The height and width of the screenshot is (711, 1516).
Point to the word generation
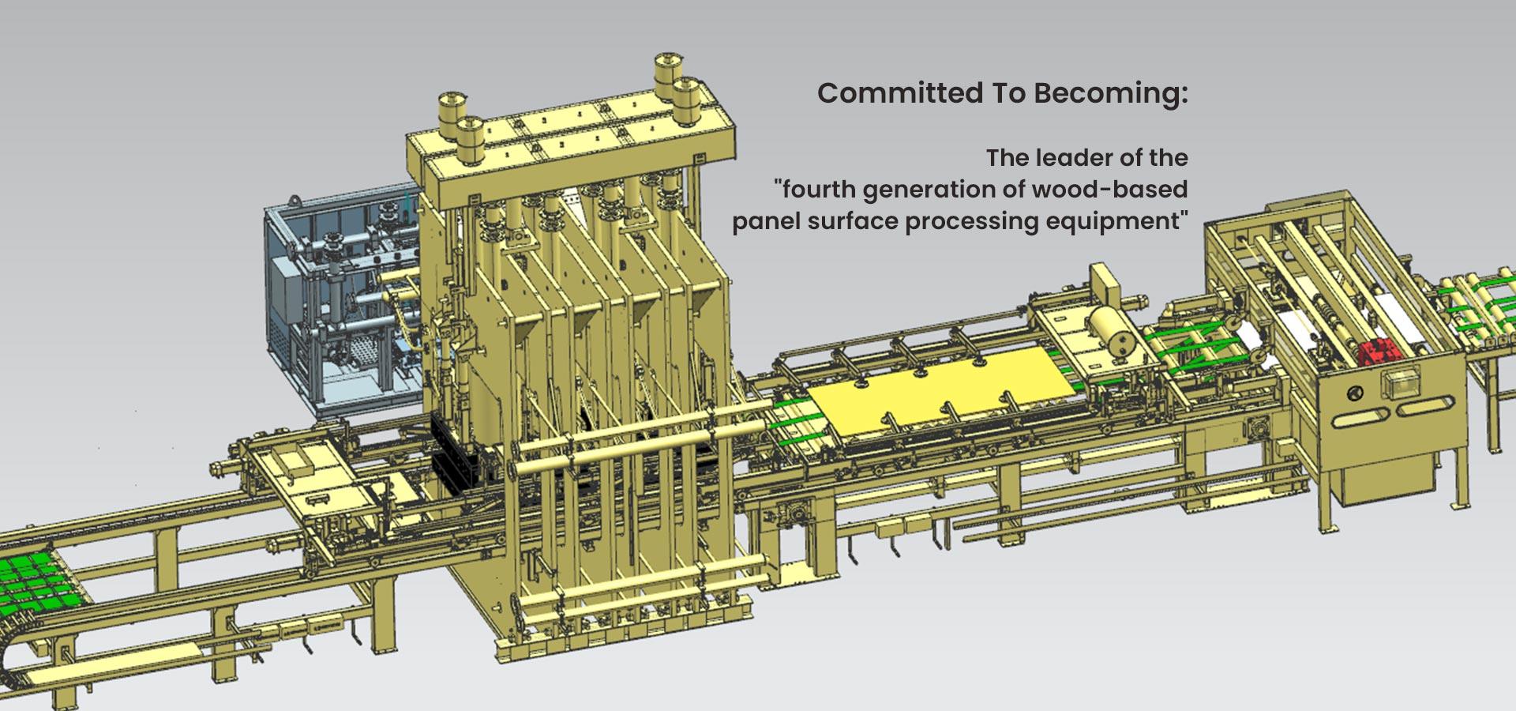(932, 190)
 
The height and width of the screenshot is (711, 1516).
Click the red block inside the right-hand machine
(1378, 348)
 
